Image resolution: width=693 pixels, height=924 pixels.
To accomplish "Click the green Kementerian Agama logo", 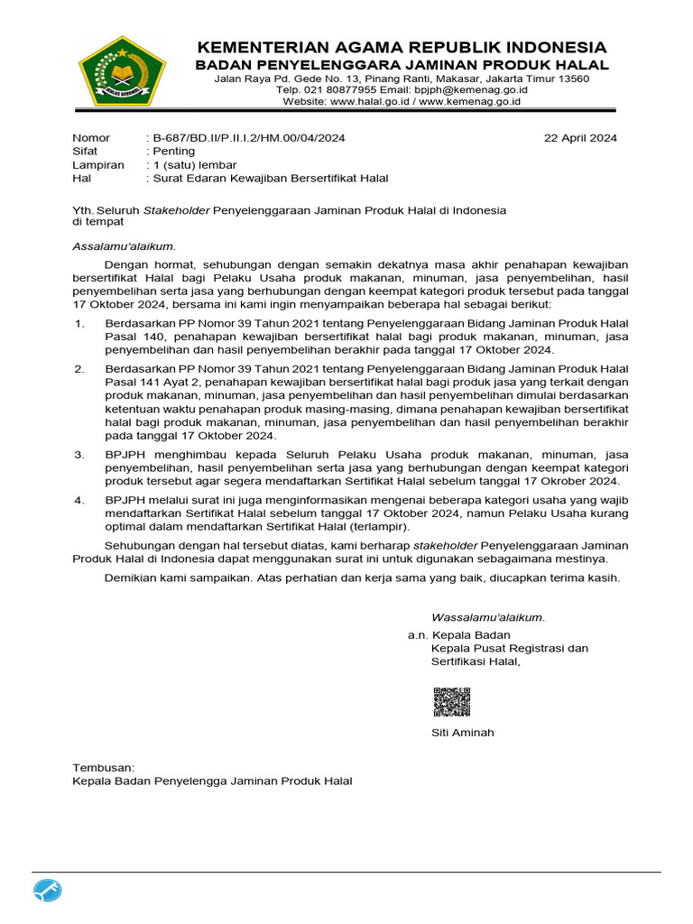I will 122,71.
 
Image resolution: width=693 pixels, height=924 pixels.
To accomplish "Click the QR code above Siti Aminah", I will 452,702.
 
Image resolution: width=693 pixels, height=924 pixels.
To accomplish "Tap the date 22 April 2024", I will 580,138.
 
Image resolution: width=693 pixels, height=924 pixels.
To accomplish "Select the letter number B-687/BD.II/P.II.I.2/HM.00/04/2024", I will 248,138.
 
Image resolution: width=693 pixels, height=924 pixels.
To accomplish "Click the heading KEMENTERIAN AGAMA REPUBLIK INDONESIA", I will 402,47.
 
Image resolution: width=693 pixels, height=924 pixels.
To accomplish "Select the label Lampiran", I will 97,165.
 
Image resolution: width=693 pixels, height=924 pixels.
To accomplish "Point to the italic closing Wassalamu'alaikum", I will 488,618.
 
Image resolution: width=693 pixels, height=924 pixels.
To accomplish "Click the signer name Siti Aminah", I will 462,733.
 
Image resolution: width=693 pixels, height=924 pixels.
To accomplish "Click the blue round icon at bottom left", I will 48,892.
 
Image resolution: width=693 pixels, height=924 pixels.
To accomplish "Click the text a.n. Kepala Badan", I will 458,635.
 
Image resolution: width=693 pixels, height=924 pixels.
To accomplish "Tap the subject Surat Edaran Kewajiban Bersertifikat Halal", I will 270,179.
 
